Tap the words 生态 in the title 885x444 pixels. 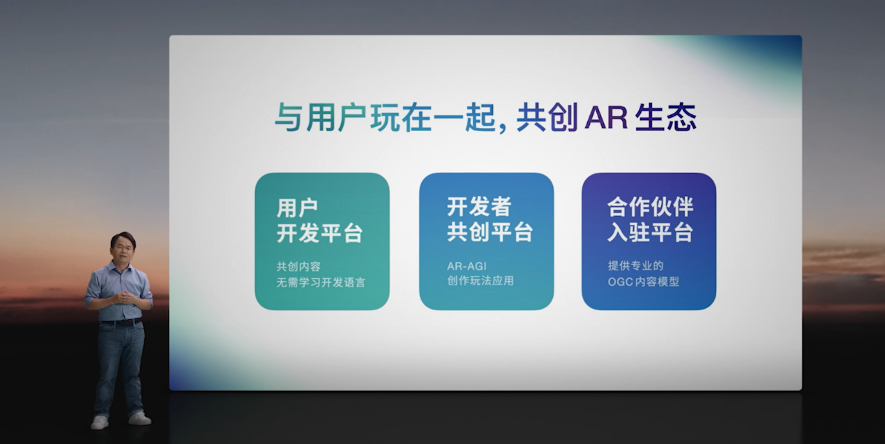[666, 117]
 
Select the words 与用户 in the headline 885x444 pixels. [320, 117]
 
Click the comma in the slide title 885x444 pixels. [503, 127]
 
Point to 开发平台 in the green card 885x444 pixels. [319, 233]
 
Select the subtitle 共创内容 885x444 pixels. [298, 267]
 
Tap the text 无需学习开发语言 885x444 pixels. [320, 282]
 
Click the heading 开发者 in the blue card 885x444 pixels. [479, 206]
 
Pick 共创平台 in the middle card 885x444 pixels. [490, 231]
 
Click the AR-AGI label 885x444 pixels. [467, 266]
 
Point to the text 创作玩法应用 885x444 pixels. [481, 281]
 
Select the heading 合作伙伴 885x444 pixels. [650, 207]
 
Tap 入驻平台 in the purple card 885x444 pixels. [650, 232]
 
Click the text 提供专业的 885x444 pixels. [636, 266]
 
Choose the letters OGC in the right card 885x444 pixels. [620, 282]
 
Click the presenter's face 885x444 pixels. [123, 248]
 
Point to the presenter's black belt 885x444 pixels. [121, 322]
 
